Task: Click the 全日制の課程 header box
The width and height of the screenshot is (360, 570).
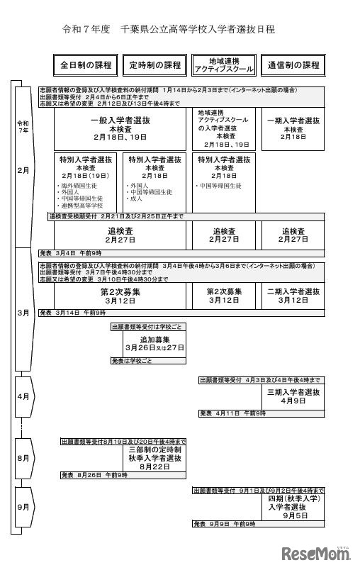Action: pyautogui.click(x=86, y=65)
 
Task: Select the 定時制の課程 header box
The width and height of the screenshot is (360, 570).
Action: pyautogui.click(x=155, y=65)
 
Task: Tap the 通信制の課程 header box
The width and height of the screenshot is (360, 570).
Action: pyautogui.click(x=293, y=65)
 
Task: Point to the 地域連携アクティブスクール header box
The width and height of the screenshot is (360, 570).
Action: pyautogui.click(x=224, y=65)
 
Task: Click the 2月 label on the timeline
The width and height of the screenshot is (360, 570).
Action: pyautogui.click(x=23, y=171)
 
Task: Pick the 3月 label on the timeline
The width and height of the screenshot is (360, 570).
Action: pyautogui.click(x=23, y=312)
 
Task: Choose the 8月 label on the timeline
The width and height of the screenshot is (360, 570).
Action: pyautogui.click(x=23, y=459)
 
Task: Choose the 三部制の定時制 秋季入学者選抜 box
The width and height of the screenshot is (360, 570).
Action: pyautogui.click(x=155, y=458)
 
